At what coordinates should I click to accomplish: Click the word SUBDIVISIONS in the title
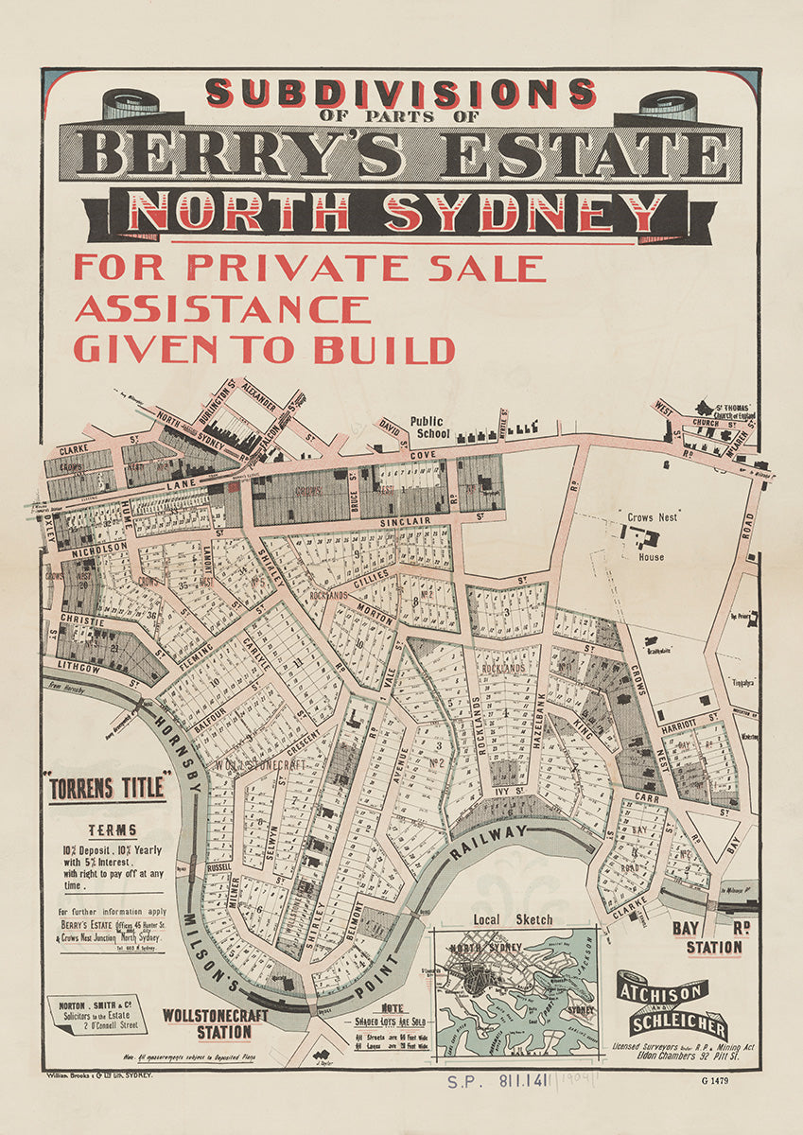pyautogui.click(x=401, y=94)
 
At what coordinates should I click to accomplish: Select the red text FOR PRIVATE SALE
pyautogui.click(x=309, y=267)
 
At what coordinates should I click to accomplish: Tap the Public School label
pyautogui.click(x=432, y=428)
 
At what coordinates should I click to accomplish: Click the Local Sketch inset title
pyautogui.click(x=515, y=919)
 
